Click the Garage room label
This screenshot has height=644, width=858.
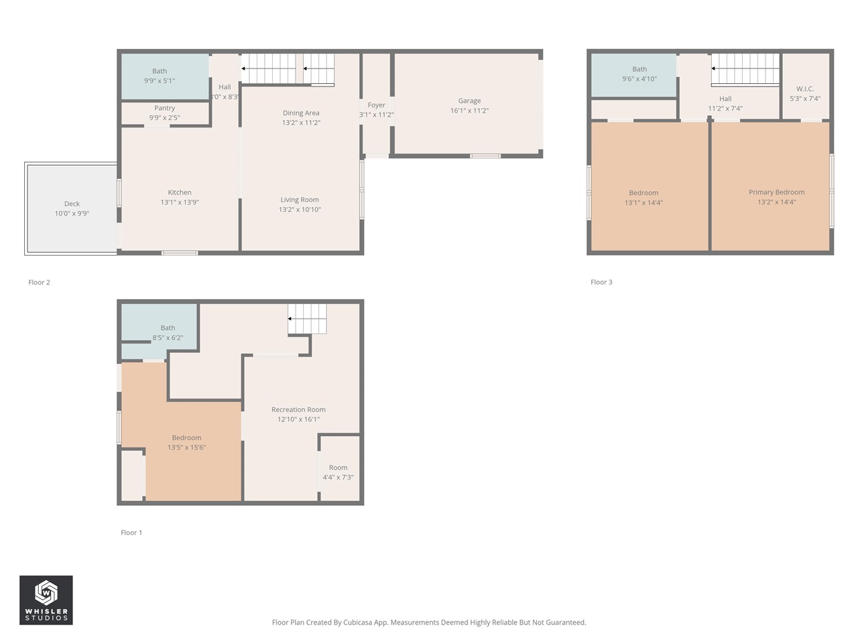click(469, 101)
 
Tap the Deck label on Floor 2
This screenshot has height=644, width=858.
click(72, 204)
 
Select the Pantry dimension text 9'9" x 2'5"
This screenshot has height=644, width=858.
click(164, 118)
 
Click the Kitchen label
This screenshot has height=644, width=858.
click(180, 193)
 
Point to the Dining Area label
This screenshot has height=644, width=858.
click(301, 113)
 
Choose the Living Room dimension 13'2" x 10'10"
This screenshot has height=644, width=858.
click(300, 210)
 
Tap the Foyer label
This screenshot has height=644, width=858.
click(376, 105)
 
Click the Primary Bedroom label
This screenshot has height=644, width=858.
click(776, 193)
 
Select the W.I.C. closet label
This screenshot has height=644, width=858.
click(805, 89)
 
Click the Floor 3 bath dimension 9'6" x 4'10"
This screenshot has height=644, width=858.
click(639, 79)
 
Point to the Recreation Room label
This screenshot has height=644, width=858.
click(298, 410)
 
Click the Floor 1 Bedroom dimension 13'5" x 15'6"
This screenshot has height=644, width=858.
click(186, 447)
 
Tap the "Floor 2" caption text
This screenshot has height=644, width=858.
click(39, 282)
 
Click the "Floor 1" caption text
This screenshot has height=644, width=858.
click(131, 533)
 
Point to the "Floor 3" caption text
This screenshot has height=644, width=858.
click(601, 282)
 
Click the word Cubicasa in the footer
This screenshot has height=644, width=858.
click(358, 623)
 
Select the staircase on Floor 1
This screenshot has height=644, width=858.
click(308, 319)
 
